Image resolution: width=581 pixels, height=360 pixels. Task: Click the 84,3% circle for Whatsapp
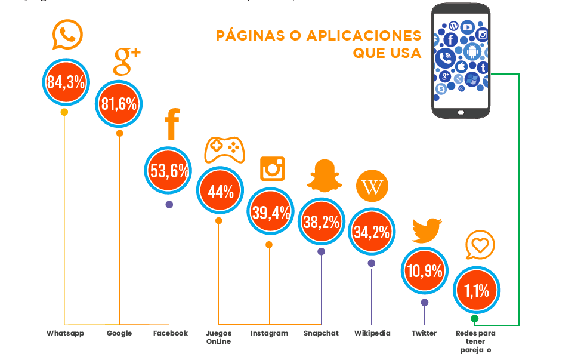tap(66, 82)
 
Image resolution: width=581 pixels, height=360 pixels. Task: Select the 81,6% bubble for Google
tap(119, 103)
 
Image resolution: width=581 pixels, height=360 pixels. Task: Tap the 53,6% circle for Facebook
tap(169, 171)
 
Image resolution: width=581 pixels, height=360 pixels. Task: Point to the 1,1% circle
tap(476, 291)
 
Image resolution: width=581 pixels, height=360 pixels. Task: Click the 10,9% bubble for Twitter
tap(424, 271)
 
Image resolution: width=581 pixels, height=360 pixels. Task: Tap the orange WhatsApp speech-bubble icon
tap(67, 35)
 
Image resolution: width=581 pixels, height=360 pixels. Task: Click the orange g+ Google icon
tap(126, 60)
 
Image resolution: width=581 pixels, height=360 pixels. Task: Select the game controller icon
tap(224, 149)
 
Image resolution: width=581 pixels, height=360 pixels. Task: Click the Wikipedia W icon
tap(372, 187)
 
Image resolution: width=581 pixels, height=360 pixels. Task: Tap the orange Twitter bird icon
tap(426, 230)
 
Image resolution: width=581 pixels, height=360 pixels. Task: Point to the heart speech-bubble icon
tap(480, 245)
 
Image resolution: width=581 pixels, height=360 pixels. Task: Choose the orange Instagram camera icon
tap(273, 168)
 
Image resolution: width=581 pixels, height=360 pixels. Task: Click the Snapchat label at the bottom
tap(321, 333)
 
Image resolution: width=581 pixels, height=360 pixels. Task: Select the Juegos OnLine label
tap(218, 337)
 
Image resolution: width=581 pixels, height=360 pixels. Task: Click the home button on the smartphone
tap(461, 112)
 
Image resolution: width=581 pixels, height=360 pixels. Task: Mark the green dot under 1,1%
tap(475, 319)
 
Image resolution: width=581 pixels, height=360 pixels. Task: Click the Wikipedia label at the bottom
tap(372, 333)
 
